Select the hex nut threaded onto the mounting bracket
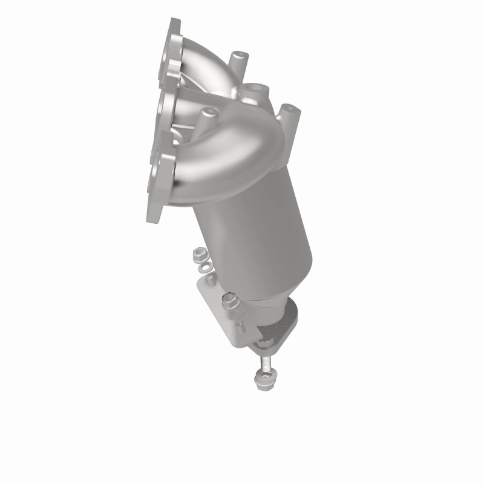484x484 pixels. (x=231, y=298)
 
